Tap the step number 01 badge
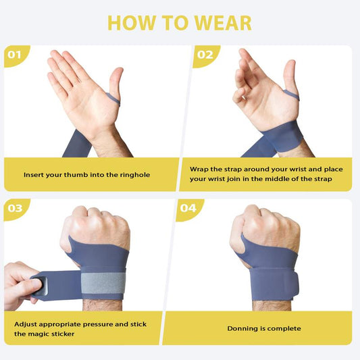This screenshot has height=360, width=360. [14, 55]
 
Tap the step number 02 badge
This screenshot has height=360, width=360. [205, 55]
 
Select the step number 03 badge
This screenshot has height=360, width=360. [15, 208]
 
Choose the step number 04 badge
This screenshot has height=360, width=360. [188, 208]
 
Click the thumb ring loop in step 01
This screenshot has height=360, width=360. [113, 99]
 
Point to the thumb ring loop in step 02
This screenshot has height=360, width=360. [292, 95]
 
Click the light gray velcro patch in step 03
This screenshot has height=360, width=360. [103, 283]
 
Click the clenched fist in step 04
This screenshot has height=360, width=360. [265, 228]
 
